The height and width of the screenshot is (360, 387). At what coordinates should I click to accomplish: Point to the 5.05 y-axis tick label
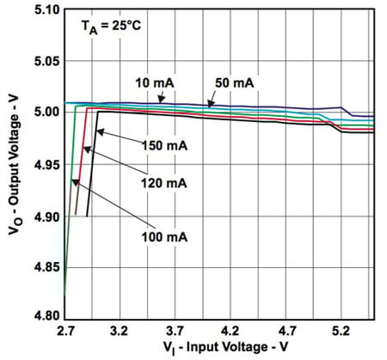pos(46,61)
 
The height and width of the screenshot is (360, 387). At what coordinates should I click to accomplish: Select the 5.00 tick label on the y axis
pos(46,112)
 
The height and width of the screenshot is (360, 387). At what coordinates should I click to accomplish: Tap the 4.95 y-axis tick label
pos(46,164)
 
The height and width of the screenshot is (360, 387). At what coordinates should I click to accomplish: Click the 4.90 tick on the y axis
pos(46,217)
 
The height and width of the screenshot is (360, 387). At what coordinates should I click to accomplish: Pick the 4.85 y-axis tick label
pos(46,267)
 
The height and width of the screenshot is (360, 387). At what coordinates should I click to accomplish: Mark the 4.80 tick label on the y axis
pos(46,318)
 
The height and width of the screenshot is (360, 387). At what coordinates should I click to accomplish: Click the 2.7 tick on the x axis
pos(68,329)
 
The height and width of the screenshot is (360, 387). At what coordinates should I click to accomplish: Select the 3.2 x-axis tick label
pos(121,329)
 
